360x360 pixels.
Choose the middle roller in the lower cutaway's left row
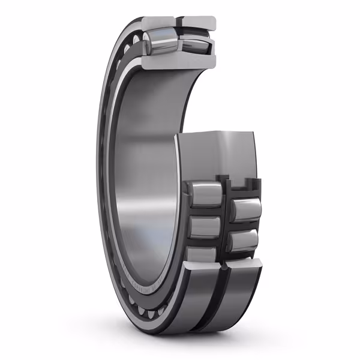(x=205, y=229)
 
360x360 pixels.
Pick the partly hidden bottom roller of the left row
(x=203, y=253)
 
